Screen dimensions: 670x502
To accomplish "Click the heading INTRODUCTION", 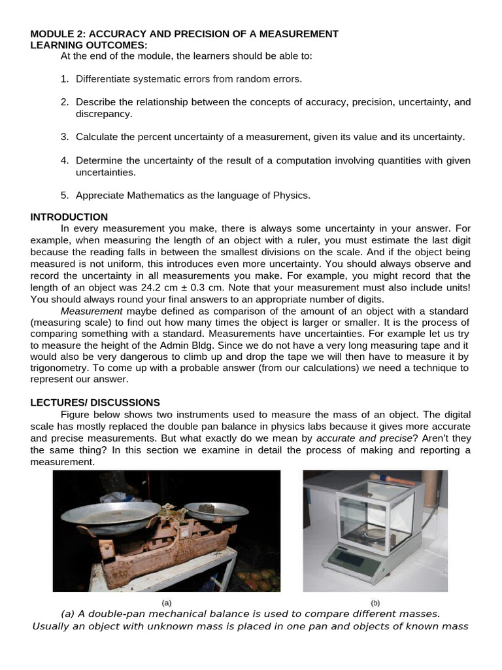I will click(x=69, y=217).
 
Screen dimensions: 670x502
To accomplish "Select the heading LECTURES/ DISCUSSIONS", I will click(x=95, y=402).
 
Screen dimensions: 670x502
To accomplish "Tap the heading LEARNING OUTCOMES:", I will click(x=90, y=44).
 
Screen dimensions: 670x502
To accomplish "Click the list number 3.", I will click(x=65, y=137).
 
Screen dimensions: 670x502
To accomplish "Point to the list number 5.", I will click(x=65, y=196).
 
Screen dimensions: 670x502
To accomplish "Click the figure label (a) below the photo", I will click(x=166, y=603).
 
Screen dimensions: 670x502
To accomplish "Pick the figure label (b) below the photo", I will click(x=375, y=603).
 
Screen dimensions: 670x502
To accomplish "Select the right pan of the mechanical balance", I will click(x=215, y=510).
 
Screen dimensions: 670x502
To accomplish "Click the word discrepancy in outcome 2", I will click(x=104, y=114).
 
